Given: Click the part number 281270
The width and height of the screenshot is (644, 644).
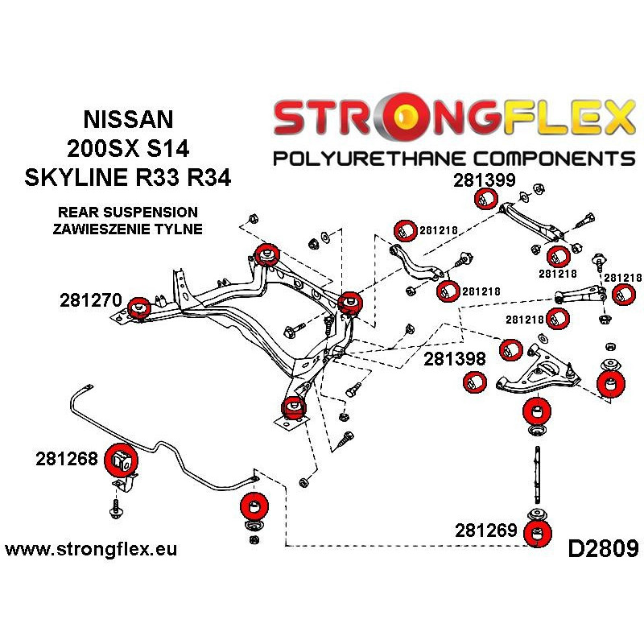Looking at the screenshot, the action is (x=91, y=300).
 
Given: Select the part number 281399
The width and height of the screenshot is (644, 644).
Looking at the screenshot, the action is (x=485, y=180).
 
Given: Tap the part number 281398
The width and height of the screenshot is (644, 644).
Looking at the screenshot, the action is (x=455, y=359).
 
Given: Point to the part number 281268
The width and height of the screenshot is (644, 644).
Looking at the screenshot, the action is (x=67, y=459).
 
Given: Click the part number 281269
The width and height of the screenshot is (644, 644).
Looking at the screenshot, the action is (x=486, y=530).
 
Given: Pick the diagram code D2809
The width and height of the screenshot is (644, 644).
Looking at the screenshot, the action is (x=603, y=549).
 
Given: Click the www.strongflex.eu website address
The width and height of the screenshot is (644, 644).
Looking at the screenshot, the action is (x=91, y=549).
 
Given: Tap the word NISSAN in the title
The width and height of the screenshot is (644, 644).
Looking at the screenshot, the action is (x=128, y=119).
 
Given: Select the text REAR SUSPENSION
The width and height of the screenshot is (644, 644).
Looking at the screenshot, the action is (x=128, y=212).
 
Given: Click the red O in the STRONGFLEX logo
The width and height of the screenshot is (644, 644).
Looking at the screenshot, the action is (x=403, y=116).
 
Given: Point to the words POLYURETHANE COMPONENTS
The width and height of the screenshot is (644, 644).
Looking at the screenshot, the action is (x=454, y=158).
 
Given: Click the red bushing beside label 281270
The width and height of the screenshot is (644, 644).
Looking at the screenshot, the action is (x=138, y=308).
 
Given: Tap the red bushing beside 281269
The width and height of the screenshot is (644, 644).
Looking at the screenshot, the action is (x=538, y=533).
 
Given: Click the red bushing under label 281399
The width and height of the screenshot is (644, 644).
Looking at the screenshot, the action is (x=486, y=199).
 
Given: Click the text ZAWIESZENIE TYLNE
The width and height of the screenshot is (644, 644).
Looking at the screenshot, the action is (x=128, y=229).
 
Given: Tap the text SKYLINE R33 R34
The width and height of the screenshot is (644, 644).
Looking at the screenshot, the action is (x=128, y=177).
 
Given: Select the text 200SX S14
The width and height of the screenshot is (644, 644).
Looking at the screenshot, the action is (x=128, y=148).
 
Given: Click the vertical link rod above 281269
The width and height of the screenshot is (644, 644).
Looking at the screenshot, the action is (x=537, y=474).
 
